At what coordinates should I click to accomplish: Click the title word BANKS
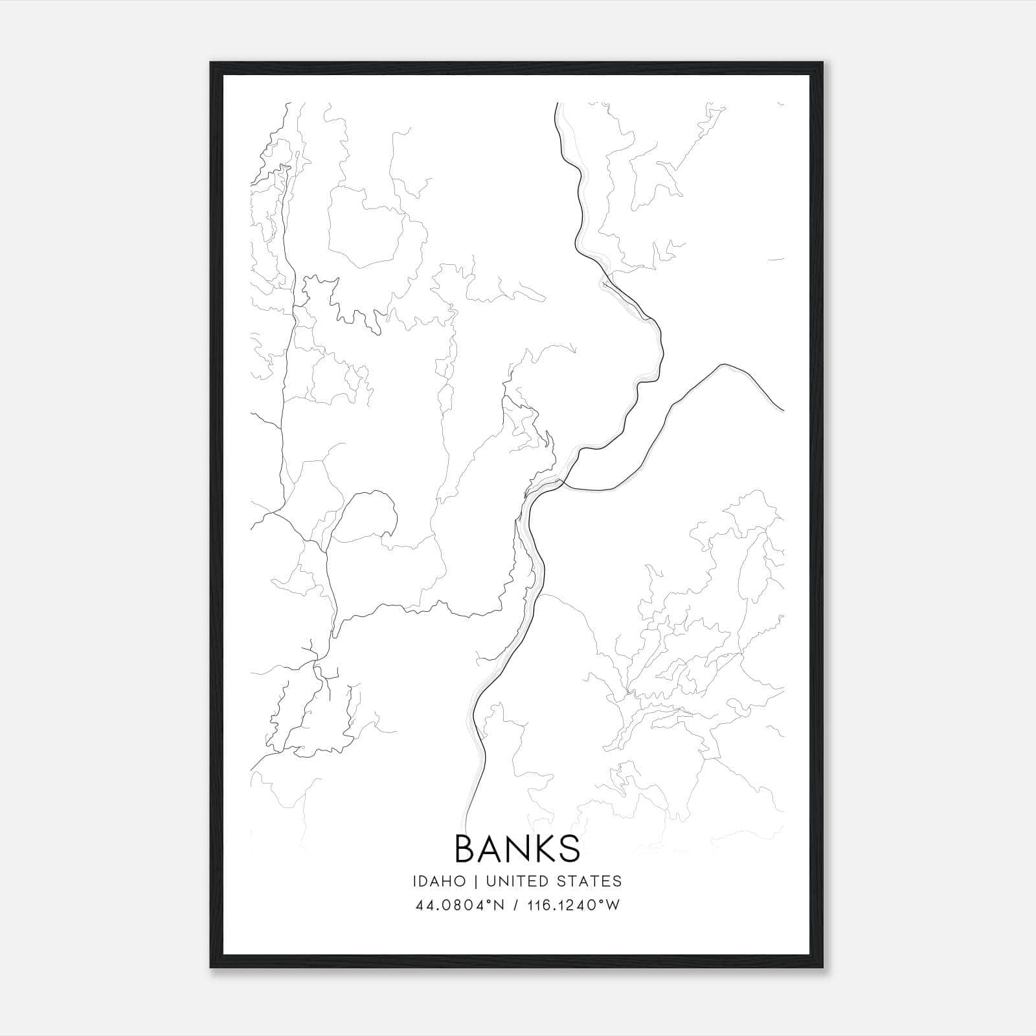(517, 849)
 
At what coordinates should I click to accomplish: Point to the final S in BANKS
(569, 849)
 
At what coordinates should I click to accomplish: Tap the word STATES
(590, 881)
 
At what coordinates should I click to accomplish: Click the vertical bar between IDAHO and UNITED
(475, 881)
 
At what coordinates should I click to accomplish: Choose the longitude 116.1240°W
(571, 905)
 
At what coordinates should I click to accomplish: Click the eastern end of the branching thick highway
(783, 411)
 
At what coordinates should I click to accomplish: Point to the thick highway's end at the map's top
(557, 103)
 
